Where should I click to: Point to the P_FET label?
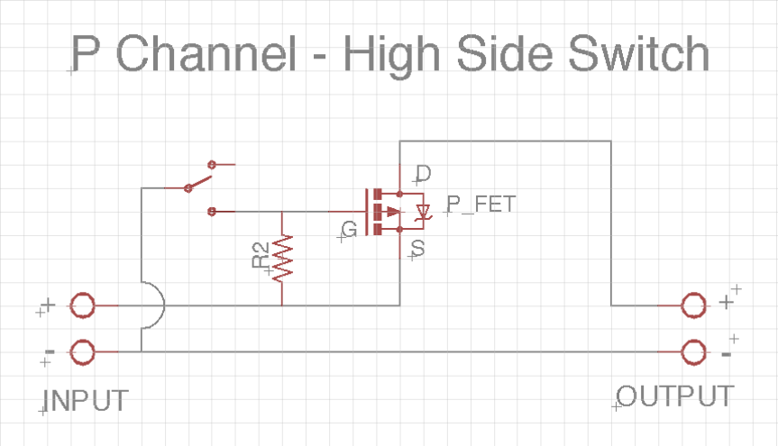[481, 204]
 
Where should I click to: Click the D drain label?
[422, 174]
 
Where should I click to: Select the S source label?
[417, 247]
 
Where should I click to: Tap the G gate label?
[350, 229]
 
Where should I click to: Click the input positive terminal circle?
[82, 306]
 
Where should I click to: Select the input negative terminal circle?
[82, 351]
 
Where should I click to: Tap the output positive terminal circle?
[694, 306]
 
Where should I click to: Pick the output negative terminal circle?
[694, 351]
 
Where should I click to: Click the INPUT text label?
[86, 400]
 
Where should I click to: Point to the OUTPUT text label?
[674, 396]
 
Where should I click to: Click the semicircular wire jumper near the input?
[155, 306]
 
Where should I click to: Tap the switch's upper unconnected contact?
[213, 164]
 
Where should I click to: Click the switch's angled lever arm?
[200, 177]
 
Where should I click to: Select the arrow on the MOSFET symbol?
[391, 212]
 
